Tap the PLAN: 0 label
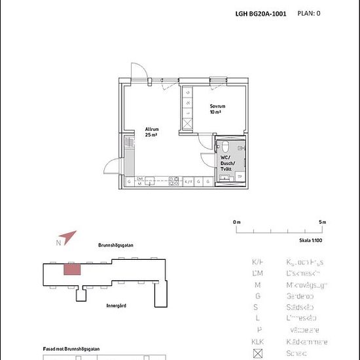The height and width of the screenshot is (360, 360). pyautogui.click(x=309, y=12)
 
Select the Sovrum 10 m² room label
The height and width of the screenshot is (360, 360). pyautogui.click(x=218, y=109)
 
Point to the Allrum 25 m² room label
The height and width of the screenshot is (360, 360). pyautogui.click(x=153, y=132)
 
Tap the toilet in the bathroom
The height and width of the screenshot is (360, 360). pyautogui.click(x=224, y=147)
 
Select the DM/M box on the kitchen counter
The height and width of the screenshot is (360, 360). pyautogui.click(x=139, y=181)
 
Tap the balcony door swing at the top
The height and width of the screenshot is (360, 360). pyautogui.click(x=136, y=71)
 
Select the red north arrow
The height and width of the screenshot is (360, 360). pyautogui.click(x=69, y=237)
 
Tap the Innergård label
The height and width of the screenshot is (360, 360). pyautogui.click(x=116, y=305)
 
